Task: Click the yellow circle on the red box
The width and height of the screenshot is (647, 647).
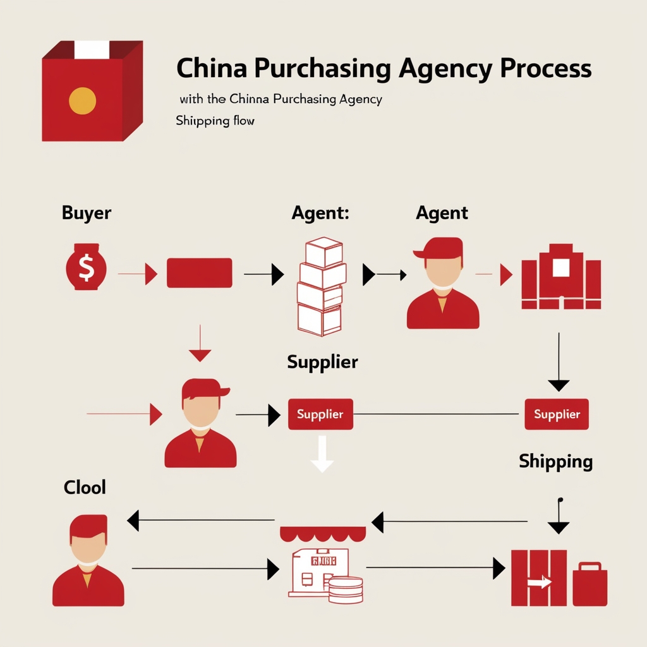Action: tap(82, 101)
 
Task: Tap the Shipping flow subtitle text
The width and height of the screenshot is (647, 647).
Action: tap(215, 120)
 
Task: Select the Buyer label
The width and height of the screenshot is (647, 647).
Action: tap(87, 213)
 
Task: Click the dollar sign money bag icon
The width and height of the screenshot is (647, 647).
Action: tap(86, 267)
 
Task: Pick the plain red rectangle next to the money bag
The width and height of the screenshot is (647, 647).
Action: tap(199, 273)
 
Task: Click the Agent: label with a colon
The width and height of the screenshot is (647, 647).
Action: tap(320, 213)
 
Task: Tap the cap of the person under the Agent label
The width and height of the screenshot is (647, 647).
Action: tap(438, 248)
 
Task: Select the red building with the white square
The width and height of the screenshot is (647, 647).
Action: tap(560, 276)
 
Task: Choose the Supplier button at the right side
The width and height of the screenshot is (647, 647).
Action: tap(557, 414)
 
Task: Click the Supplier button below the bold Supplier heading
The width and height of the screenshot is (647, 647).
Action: tap(320, 414)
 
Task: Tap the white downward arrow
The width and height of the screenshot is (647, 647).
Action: tap(322, 455)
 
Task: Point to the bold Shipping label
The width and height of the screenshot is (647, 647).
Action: tap(555, 461)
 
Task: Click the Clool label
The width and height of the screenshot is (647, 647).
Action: tap(85, 487)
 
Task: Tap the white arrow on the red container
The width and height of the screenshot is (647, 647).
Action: tap(539, 583)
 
